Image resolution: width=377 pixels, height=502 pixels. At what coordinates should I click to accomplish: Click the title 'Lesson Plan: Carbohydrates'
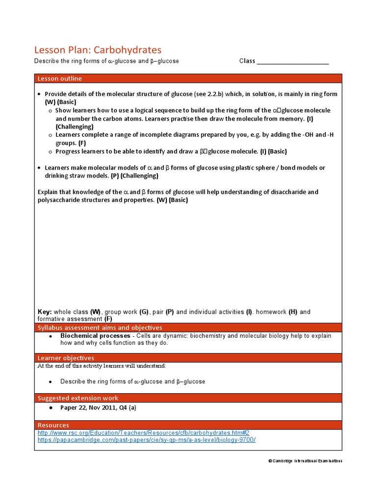(x=98, y=50)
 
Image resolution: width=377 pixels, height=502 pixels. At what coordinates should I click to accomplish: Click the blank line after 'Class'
(x=293, y=62)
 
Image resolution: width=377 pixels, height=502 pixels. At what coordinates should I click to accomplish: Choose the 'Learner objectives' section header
(x=66, y=358)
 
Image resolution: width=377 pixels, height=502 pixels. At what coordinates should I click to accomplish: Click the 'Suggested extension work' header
(x=78, y=398)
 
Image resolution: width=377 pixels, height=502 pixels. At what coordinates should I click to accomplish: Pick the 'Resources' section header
(x=54, y=425)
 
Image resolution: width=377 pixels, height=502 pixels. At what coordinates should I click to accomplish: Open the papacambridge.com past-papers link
(x=147, y=440)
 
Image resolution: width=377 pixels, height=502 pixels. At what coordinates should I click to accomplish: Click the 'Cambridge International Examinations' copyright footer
(x=305, y=461)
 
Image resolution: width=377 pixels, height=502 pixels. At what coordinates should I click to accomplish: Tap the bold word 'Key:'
(x=45, y=312)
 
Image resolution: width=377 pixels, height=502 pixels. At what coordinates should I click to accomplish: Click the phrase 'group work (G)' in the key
(x=127, y=312)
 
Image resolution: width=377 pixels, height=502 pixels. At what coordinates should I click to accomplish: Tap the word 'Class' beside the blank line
(x=247, y=61)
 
